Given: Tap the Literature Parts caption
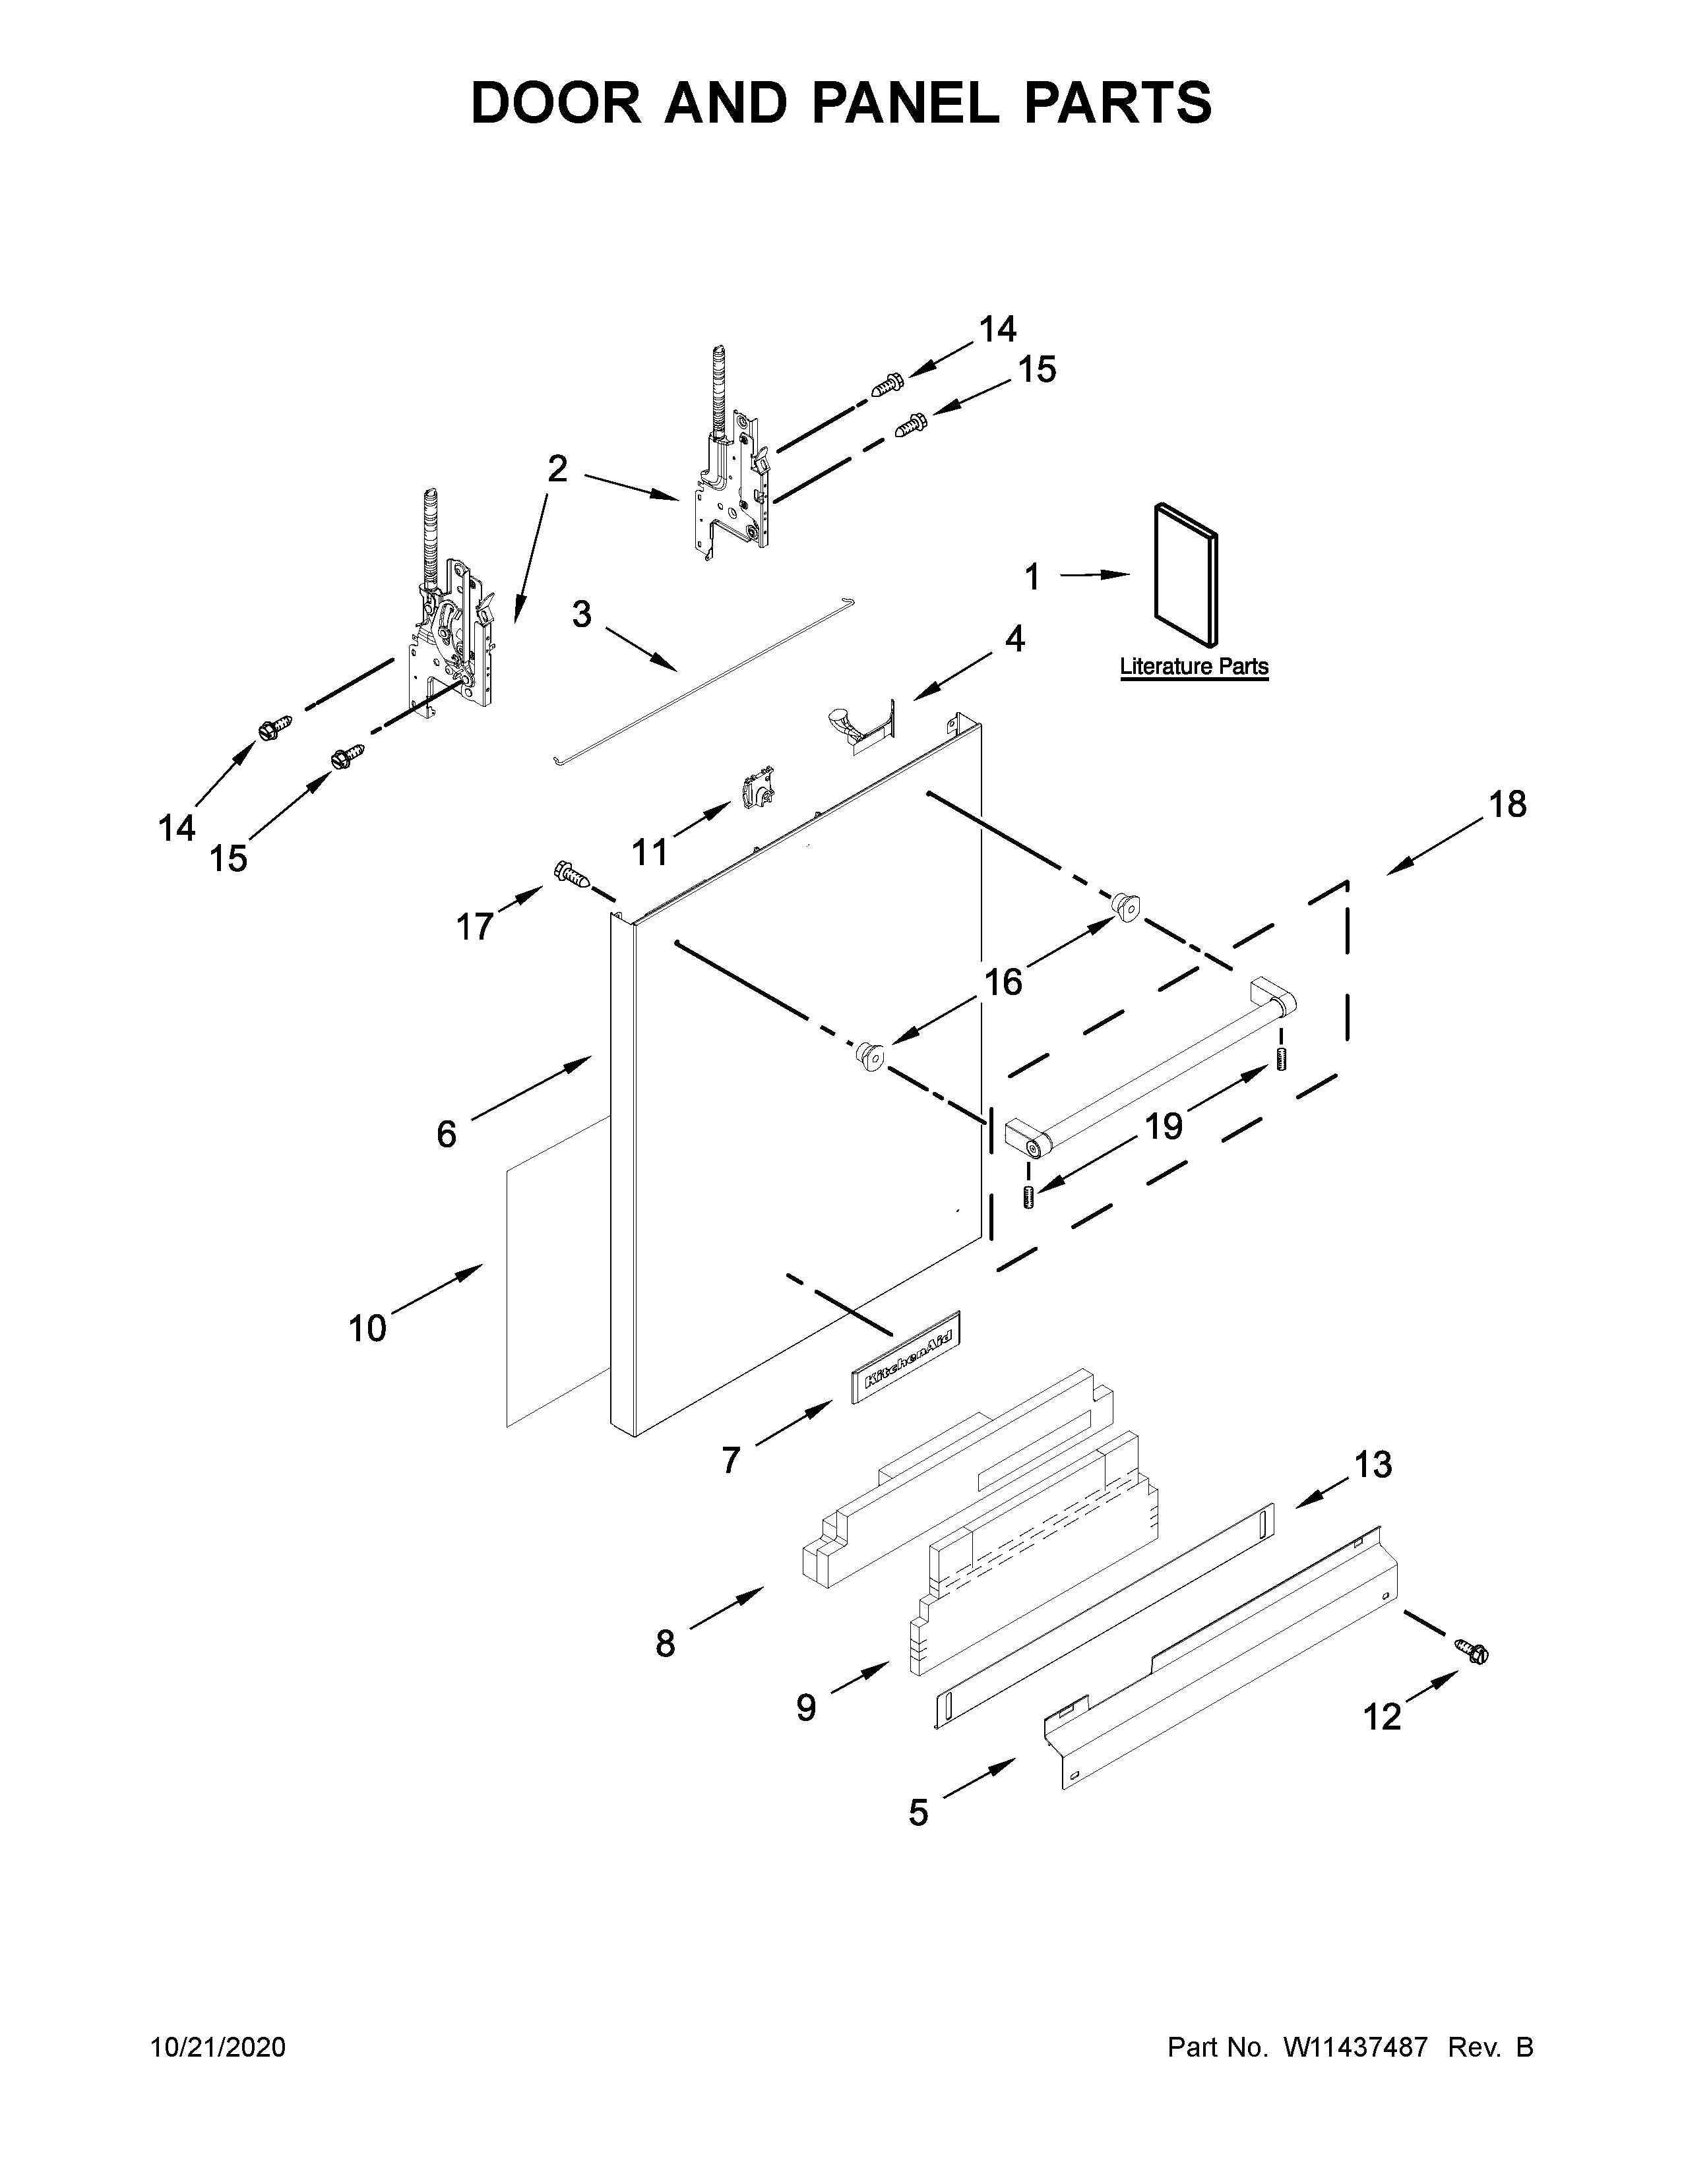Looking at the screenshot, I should click(x=1194, y=667).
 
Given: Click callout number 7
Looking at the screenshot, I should click(x=732, y=1461).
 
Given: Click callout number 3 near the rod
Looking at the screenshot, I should click(x=582, y=615).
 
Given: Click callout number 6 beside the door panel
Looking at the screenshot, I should click(x=447, y=1134).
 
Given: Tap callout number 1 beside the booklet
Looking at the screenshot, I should click(x=1032, y=577).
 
